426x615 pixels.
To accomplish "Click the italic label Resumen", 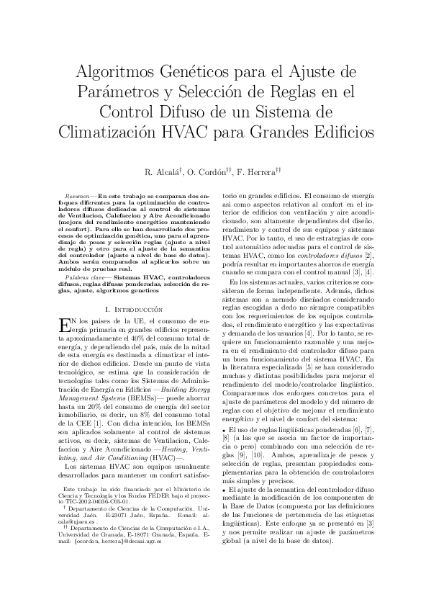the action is [77, 196].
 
